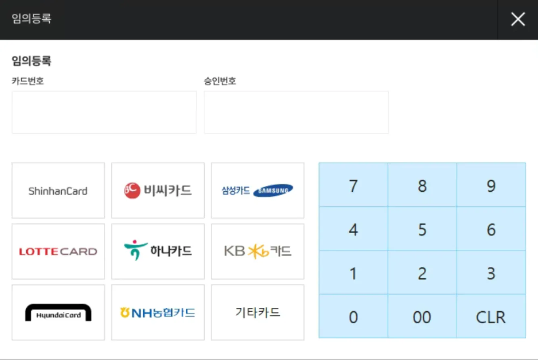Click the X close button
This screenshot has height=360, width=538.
(x=518, y=19)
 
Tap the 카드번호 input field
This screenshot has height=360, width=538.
(x=104, y=112)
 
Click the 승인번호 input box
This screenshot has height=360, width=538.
(x=296, y=112)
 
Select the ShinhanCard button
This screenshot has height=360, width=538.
(x=58, y=190)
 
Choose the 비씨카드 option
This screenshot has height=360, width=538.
(x=158, y=190)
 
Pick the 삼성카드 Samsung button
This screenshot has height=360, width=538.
(x=257, y=190)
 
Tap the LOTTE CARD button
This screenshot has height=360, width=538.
(x=58, y=251)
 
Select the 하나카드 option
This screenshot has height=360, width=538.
(x=158, y=251)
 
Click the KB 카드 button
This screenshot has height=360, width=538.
(x=257, y=251)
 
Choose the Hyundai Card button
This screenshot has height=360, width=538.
(x=58, y=312)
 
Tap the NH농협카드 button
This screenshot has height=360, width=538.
(x=158, y=312)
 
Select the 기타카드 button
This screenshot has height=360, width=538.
(x=257, y=312)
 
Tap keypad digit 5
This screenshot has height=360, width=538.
(x=422, y=229)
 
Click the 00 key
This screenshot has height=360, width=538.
(x=422, y=317)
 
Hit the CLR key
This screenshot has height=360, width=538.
(x=491, y=317)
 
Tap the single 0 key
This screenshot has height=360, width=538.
(x=353, y=317)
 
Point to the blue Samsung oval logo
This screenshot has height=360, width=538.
(x=273, y=190)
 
